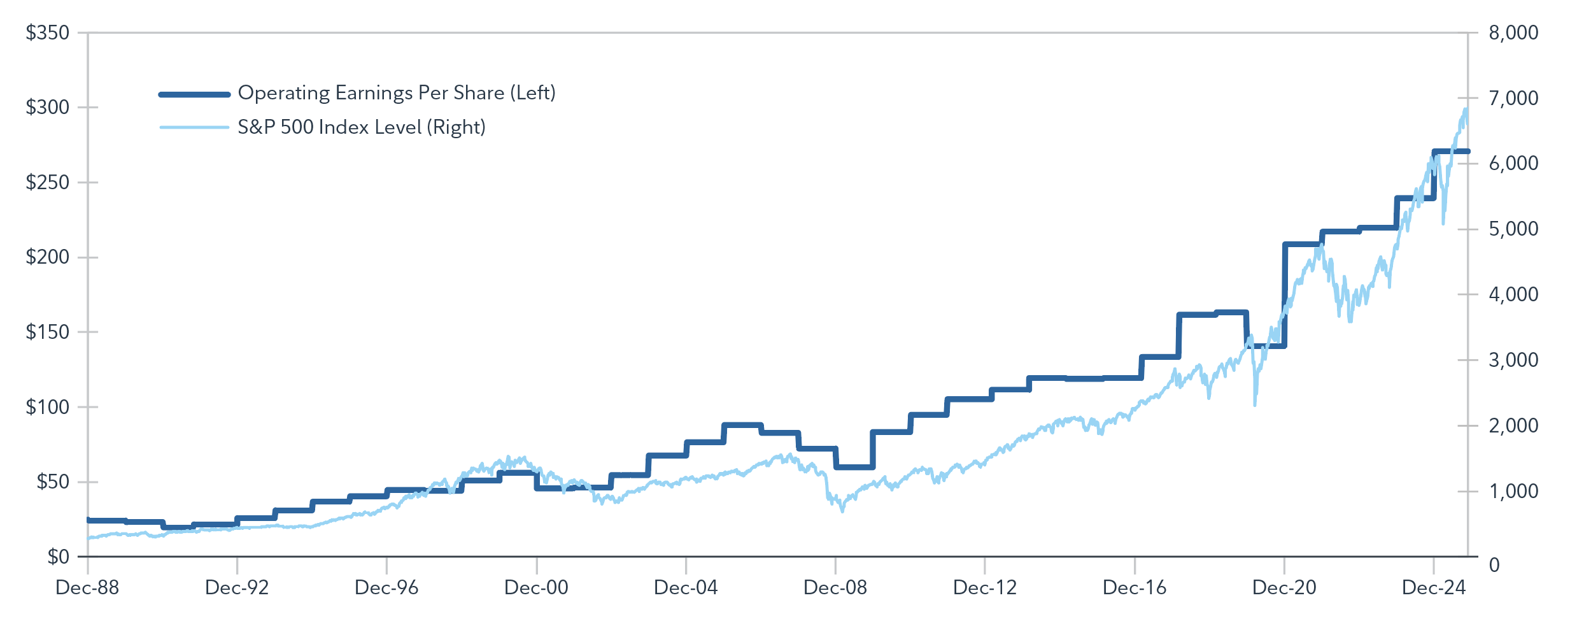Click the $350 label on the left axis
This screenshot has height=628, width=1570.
[47, 32]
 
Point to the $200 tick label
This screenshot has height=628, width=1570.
[47, 257]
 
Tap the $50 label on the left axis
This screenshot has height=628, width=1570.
[52, 482]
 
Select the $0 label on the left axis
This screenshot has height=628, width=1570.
[58, 557]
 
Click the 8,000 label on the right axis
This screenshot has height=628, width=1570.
[1513, 32]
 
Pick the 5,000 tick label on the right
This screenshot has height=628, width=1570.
[1513, 229]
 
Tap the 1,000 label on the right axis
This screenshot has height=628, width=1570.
[1513, 491]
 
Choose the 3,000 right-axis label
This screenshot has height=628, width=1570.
[1513, 360]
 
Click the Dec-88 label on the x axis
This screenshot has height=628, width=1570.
[87, 587]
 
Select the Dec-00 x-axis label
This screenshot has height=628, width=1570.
[536, 587]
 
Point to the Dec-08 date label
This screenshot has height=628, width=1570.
[835, 587]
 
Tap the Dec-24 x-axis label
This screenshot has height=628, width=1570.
[1434, 587]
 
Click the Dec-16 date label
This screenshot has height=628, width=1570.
[1135, 587]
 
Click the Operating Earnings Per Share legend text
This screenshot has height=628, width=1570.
[397, 93]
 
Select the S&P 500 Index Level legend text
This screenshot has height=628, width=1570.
[362, 127]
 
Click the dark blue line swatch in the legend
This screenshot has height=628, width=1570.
[194, 95]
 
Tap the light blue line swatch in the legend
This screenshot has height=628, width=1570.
[194, 127]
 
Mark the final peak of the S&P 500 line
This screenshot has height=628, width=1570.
[1466, 110]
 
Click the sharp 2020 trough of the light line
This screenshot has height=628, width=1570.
[1255, 404]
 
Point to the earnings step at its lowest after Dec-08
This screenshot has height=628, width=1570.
[854, 467]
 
